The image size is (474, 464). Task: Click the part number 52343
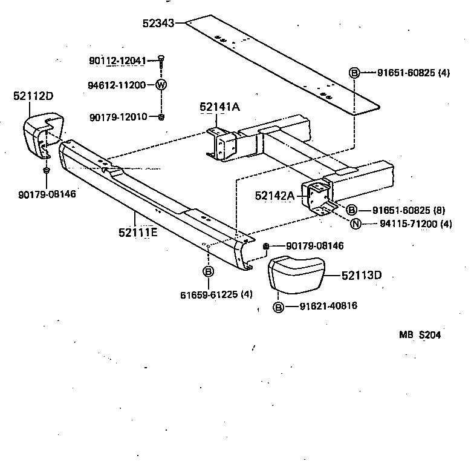(x=158, y=24)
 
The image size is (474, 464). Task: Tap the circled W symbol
(x=161, y=85)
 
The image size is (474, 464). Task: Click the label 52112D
(x=33, y=96)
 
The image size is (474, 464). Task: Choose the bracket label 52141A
(x=219, y=107)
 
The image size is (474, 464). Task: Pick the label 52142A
(x=274, y=195)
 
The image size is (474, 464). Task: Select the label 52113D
(x=362, y=275)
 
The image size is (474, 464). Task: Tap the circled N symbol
(x=355, y=224)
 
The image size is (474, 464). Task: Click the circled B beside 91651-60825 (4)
(x=354, y=73)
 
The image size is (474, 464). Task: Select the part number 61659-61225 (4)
(x=216, y=294)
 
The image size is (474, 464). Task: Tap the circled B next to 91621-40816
(x=278, y=307)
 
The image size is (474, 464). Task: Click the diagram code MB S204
(x=419, y=334)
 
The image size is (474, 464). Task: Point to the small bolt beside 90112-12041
(x=161, y=59)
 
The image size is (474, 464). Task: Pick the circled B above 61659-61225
(x=207, y=271)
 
